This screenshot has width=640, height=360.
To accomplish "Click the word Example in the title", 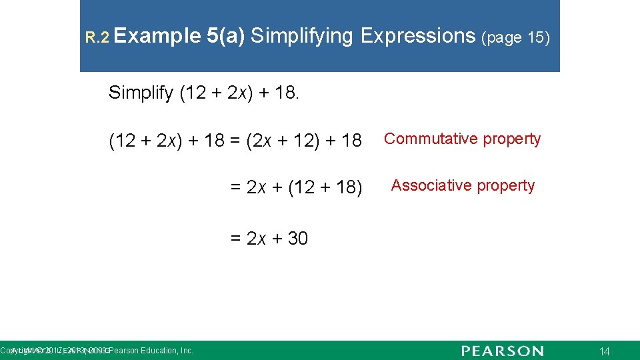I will pyautogui.click(x=157, y=36).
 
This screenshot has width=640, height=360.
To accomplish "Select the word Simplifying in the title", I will pyautogui.click(x=302, y=36).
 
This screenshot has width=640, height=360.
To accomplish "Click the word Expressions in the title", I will pyautogui.click(x=417, y=36).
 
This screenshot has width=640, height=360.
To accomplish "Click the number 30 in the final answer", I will pyautogui.click(x=298, y=238).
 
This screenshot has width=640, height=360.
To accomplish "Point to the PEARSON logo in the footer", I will pyautogui.click(x=502, y=351).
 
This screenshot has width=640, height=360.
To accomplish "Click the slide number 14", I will pyautogui.click(x=605, y=351).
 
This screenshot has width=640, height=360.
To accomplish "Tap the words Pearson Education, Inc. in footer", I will pyautogui.click(x=151, y=351).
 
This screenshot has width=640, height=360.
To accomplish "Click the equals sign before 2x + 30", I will pyautogui.click(x=236, y=239).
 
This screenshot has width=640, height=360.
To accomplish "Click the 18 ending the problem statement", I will pyautogui.click(x=288, y=93).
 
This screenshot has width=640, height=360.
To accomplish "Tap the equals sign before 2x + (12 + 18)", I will pyautogui.click(x=236, y=187).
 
